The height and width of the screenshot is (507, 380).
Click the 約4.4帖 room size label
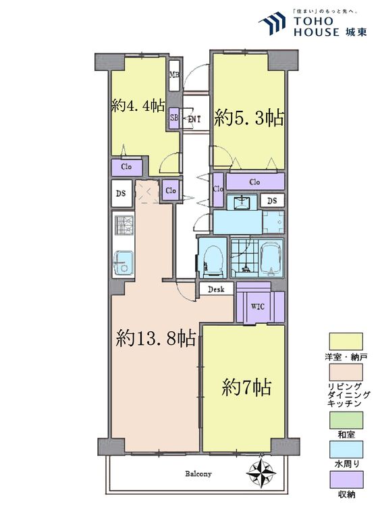click(x=138, y=106)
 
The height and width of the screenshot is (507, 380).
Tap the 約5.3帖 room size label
click(x=249, y=117)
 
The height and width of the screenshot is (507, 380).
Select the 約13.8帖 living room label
click(x=156, y=337)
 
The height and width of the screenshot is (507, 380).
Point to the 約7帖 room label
click(x=247, y=387)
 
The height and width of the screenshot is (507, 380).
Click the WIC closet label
click(x=258, y=306)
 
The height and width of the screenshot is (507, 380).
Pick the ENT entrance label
click(x=194, y=120)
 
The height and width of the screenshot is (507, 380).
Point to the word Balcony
click(x=199, y=474)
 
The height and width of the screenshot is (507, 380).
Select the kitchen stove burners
click(x=124, y=226)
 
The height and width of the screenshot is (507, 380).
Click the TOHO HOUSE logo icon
click(x=273, y=23)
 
